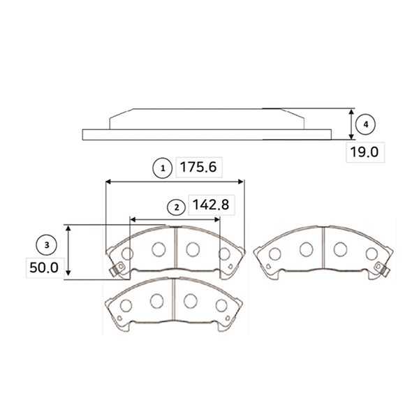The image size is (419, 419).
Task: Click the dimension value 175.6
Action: click(198, 168)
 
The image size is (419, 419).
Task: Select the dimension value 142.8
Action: click(211, 205)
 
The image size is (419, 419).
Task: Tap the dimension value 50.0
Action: click(44, 267)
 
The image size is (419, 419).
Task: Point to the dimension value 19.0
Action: click(365, 152)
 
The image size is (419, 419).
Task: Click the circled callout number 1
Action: click(163, 168)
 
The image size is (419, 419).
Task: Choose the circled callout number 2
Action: click(177, 207)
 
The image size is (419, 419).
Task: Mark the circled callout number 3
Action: click(47, 245)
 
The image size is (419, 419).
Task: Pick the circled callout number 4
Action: click(365, 124)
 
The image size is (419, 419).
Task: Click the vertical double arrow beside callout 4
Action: click(352, 124)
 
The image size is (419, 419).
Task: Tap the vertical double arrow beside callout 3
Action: click(68, 251)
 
